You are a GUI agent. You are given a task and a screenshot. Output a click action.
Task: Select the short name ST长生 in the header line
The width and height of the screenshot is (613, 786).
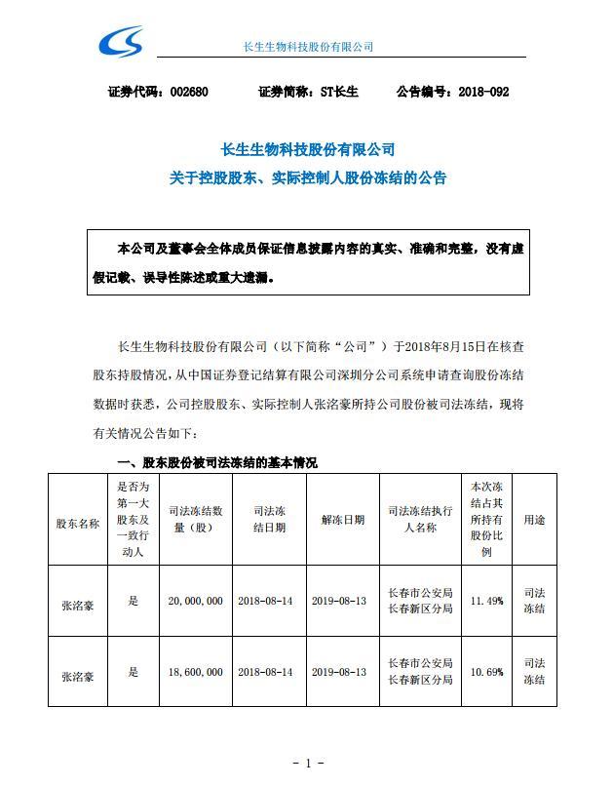click(x=339, y=92)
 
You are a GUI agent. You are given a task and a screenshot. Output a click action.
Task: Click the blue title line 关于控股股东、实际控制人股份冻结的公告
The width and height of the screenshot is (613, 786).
click(x=307, y=178)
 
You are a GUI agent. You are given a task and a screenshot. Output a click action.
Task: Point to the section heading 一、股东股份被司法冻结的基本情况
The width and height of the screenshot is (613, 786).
click(x=216, y=462)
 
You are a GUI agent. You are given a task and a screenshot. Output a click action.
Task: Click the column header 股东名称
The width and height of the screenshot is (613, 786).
click(x=77, y=521)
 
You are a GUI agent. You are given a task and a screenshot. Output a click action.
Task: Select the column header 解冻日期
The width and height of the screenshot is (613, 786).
click(x=342, y=521)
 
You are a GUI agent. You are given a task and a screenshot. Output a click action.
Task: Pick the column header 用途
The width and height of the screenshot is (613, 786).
click(x=534, y=521)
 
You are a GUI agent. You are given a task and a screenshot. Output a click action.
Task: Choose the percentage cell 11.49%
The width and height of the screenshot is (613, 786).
click(x=486, y=602)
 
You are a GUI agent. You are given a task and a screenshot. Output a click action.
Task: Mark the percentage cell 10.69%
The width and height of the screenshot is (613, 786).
click(x=486, y=672)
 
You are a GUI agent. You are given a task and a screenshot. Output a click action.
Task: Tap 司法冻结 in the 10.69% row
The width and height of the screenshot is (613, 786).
click(x=534, y=672)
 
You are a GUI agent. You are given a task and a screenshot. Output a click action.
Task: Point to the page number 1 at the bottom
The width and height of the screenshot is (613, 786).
click(x=307, y=763)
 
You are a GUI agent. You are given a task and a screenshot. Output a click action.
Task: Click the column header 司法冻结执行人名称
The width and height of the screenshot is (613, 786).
click(x=419, y=521)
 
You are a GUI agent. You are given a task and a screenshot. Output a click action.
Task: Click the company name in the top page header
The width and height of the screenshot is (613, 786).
click(x=307, y=46)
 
